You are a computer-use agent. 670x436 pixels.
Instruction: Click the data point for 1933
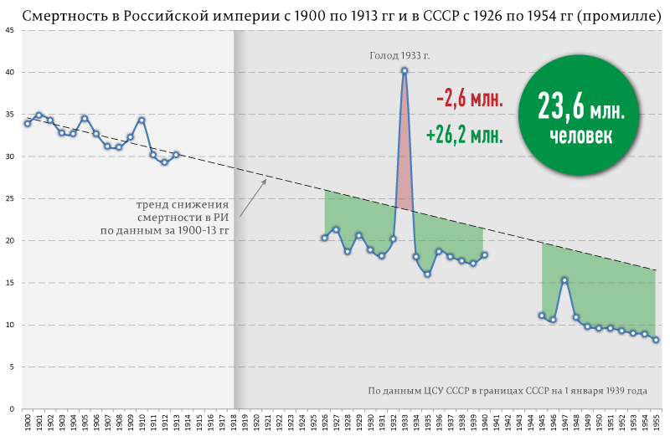click(405, 71)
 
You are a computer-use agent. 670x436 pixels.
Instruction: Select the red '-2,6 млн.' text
click(470, 100)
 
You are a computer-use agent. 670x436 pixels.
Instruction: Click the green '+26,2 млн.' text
click(464, 135)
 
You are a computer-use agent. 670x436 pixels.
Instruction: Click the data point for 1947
click(564, 280)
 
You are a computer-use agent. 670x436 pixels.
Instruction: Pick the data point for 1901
click(39, 115)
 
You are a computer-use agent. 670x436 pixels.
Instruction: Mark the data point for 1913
click(176, 155)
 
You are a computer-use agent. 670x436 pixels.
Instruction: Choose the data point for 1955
click(656, 340)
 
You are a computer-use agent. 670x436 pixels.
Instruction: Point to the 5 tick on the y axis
click(10, 367)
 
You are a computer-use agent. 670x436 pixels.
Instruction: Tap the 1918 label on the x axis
click(233, 421)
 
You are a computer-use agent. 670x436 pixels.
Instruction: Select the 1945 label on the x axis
click(542, 421)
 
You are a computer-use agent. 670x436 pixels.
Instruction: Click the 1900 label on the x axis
click(27, 421)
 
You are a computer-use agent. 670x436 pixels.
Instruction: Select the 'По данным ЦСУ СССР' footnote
click(508, 391)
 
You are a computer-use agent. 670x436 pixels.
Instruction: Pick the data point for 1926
click(324, 238)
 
